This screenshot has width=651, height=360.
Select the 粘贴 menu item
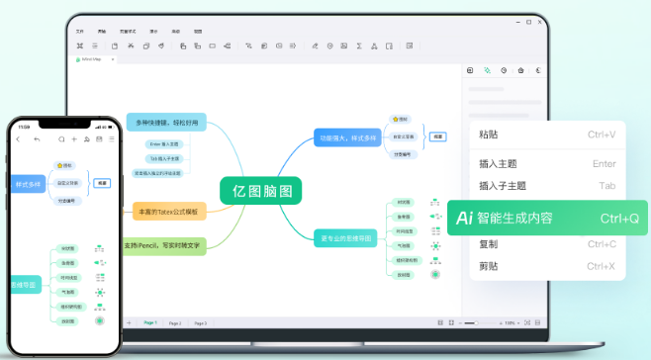click(x=489, y=135)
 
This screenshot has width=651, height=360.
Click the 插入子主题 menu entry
click(x=502, y=186)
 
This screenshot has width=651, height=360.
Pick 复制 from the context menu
click(x=489, y=244)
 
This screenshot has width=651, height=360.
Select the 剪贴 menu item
click(x=489, y=266)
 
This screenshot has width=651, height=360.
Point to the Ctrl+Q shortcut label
click(x=619, y=218)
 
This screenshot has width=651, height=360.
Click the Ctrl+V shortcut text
click(x=602, y=135)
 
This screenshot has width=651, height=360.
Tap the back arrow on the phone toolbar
click(x=18, y=139)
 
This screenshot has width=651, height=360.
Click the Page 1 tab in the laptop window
click(x=150, y=323)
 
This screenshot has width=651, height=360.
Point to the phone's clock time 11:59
click(x=25, y=127)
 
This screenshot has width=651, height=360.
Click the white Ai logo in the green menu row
click(x=463, y=218)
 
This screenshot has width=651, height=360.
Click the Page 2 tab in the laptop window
click(x=175, y=323)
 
